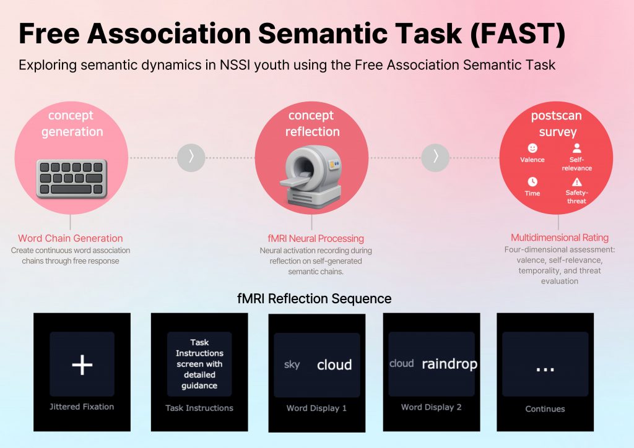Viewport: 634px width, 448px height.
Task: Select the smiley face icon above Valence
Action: click(532, 149)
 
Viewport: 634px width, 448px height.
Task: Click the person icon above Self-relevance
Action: click(577, 149)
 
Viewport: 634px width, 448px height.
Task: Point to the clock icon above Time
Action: click(532, 181)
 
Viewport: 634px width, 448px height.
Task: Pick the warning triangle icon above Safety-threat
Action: click(577, 182)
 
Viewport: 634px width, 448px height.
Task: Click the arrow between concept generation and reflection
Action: click(191, 157)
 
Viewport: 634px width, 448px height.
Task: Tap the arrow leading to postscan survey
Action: click(435, 157)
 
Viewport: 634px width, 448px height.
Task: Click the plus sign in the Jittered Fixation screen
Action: click(82, 365)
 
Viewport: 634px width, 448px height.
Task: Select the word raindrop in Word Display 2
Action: click(449, 364)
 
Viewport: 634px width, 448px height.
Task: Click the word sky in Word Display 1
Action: click(292, 364)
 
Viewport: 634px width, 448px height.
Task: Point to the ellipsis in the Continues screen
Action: click(545, 367)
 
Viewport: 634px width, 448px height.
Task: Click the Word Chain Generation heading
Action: click(70, 238)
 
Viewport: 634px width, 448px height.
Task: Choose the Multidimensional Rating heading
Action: click(559, 238)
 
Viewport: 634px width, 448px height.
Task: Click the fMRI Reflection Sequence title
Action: click(314, 298)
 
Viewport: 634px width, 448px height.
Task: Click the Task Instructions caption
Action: click(199, 408)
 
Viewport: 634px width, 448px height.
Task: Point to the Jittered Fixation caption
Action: click(82, 407)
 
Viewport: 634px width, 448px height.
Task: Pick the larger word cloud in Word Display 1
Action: click(334, 365)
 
